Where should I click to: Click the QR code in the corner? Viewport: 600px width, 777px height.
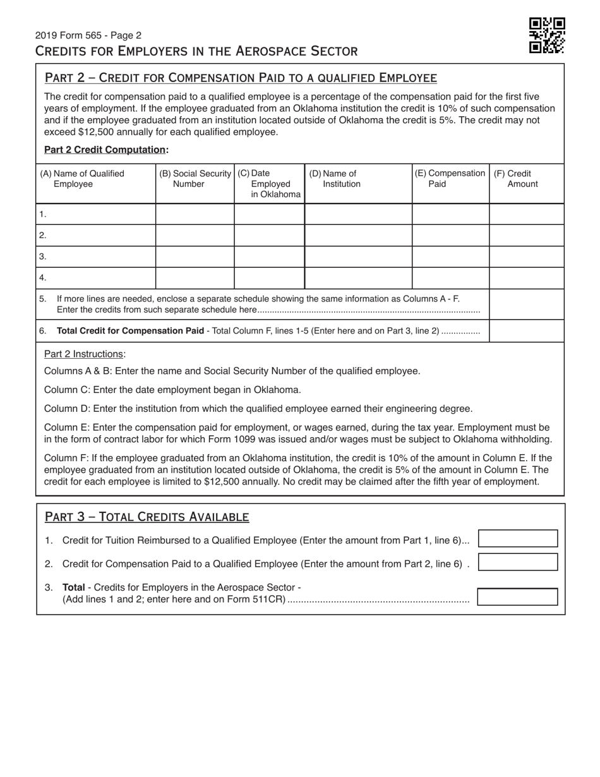(x=546, y=35)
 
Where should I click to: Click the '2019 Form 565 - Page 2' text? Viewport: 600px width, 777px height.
(x=88, y=35)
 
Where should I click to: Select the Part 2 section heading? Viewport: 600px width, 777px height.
(x=241, y=78)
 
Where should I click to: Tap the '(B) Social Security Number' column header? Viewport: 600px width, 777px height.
(x=195, y=179)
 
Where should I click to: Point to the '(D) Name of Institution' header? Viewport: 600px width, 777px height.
(x=335, y=179)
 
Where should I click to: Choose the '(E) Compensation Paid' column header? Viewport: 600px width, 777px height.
(x=450, y=179)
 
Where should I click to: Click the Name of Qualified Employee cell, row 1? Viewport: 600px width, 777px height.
(x=96, y=214)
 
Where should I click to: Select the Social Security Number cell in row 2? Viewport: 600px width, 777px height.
(x=195, y=235)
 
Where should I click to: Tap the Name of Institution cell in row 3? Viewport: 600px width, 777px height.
(x=358, y=256)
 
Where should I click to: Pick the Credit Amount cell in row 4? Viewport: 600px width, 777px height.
(x=526, y=278)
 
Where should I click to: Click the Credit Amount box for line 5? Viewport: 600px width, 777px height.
(x=526, y=304)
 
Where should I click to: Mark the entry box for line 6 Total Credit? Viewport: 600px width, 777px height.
(x=526, y=330)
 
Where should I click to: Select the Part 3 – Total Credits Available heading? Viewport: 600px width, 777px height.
(x=147, y=517)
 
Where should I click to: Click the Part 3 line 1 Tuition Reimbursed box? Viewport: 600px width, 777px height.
(x=518, y=538)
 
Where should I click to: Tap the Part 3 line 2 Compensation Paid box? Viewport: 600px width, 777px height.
(x=518, y=562)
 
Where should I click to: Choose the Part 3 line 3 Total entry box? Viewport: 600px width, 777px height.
(x=518, y=597)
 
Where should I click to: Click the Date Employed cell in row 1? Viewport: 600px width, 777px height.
(x=269, y=214)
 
